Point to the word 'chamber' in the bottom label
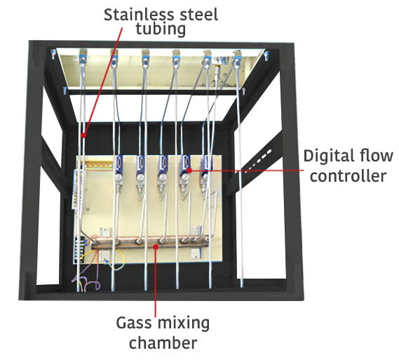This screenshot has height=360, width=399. (x=163, y=343)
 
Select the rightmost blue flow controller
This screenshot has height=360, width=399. (x=208, y=166)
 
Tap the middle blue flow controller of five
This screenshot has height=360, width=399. (x=163, y=167)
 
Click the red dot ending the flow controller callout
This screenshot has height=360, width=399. (x=190, y=169)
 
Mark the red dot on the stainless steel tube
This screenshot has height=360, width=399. (x=83, y=135)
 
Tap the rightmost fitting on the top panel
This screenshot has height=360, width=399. (x=237, y=56)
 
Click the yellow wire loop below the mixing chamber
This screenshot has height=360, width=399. (x=116, y=262)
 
